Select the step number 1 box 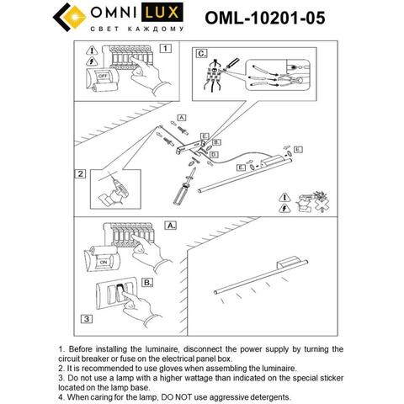166,49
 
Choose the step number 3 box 86,319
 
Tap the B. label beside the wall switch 146,283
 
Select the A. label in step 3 171,226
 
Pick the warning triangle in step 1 93,61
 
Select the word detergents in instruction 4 263,396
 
